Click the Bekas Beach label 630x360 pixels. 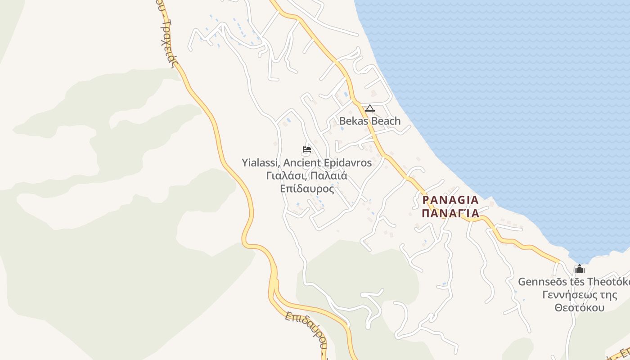(x=369, y=121)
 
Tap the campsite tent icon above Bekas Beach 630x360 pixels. (x=369, y=108)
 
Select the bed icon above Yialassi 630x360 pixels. (x=307, y=149)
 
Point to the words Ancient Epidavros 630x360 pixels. (x=328, y=162)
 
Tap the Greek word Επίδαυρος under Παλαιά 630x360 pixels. (x=307, y=189)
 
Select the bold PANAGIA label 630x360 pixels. (x=450, y=200)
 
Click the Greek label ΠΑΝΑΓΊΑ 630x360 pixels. (x=450, y=213)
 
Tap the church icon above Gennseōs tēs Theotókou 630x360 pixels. (x=579, y=269)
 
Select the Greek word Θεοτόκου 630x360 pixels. (x=579, y=308)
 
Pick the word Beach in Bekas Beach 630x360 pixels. (x=385, y=121)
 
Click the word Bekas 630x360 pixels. (x=354, y=121)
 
